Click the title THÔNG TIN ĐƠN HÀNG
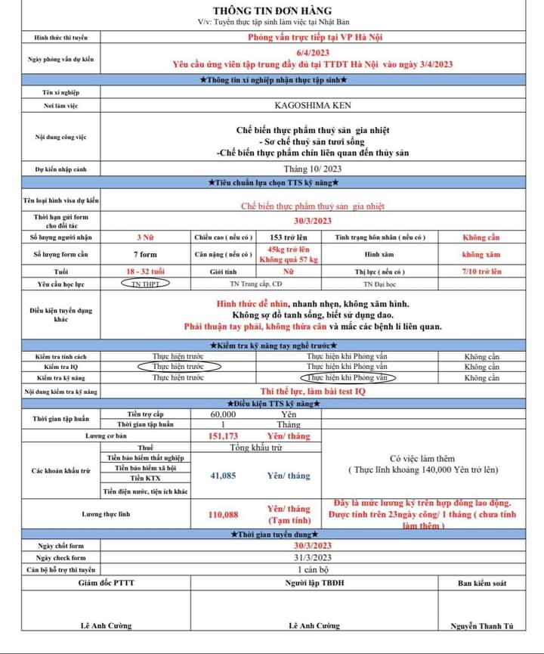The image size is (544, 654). click(272, 11)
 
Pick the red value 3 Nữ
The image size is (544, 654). click(145, 237)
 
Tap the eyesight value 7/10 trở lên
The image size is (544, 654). click(481, 271)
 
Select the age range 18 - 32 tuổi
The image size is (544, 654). click(145, 271)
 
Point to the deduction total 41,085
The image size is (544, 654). click(223, 476)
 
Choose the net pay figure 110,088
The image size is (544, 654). click(223, 514)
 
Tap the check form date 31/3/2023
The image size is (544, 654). click(312, 557)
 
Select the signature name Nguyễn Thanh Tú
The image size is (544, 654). click(481, 626)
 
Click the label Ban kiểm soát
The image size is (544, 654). click(481, 583)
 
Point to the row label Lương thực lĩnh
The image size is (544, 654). click(104, 514)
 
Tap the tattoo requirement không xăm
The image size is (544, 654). click(481, 254)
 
